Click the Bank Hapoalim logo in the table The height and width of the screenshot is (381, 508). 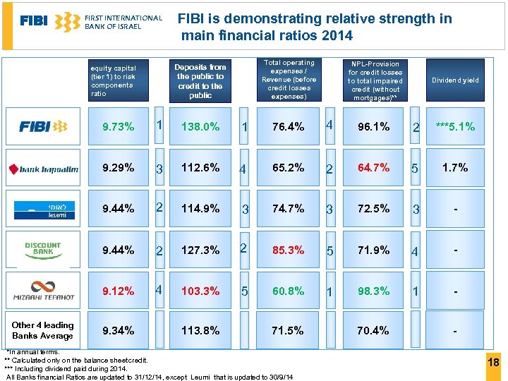click(x=43, y=168)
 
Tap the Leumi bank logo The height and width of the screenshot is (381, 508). click(x=43, y=209)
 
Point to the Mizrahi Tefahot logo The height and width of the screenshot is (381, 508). click(x=43, y=290)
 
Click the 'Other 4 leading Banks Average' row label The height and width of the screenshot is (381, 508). click(x=43, y=330)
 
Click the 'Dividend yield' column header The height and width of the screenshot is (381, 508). click(x=455, y=80)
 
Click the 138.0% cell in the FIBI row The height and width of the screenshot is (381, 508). click(x=200, y=127)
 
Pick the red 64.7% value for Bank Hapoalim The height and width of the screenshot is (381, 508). click(x=373, y=168)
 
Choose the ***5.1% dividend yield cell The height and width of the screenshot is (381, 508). click(x=455, y=127)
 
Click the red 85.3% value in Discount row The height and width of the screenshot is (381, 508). click(x=288, y=250)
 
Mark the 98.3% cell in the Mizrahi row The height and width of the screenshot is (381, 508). click(x=373, y=291)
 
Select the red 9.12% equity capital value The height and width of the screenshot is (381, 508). click(x=118, y=291)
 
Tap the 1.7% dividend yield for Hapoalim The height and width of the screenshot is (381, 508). click(x=455, y=168)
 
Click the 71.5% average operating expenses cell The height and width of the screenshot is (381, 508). click(x=288, y=330)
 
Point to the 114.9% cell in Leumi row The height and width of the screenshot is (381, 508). click(x=200, y=209)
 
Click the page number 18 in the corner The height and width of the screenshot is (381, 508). click(x=493, y=363)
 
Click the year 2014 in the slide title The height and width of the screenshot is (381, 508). click(x=336, y=35)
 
